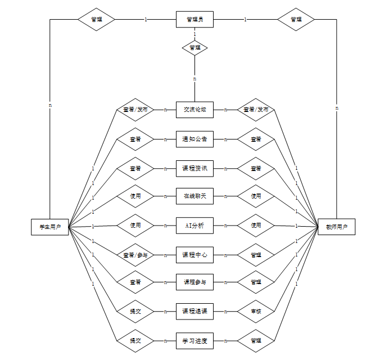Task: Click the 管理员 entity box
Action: tap(194, 20)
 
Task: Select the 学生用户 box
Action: tap(49, 227)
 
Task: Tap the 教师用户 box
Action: tap(336, 227)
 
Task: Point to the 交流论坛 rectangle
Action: tap(194, 110)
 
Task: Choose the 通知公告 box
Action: tap(194, 139)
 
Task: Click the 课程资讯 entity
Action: tap(194, 168)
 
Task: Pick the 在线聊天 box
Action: tap(194, 196)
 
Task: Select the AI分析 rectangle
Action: tap(194, 226)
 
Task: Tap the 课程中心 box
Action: tap(194, 255)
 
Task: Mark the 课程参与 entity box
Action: tap(194, 282)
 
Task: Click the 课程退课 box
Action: tap(194, 311)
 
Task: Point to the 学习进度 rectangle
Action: tap(194, 340)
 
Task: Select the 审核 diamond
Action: tap(256, 311)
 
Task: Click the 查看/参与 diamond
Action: tap(135, 255)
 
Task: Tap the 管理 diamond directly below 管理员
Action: tap(194, 48)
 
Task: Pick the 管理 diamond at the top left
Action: tap(96, 20)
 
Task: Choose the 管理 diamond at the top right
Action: tap(296, 20)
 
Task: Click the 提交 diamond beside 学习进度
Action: tap(135, 340)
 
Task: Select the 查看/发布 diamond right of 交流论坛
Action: tap(256, 110)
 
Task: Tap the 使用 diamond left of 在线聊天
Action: tap(135, 196)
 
